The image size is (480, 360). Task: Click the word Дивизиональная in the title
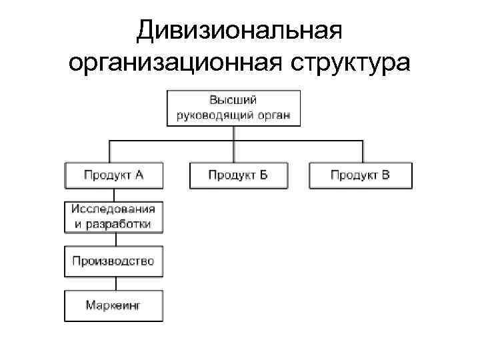coord(239,31)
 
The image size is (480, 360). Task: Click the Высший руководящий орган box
coord(233,108)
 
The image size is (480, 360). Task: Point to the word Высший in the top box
coord(233,101)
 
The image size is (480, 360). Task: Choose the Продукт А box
coord(114,175)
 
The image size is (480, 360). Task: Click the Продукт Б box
coord(238,175)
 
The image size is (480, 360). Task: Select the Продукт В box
coord(360,175)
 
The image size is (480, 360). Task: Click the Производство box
coord(114,261)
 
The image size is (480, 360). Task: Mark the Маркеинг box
coord(114,306)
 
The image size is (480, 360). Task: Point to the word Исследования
coord(114,209)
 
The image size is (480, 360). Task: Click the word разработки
coord(122,224)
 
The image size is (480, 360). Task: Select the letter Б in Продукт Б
coord(263,175)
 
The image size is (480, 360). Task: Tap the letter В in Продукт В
coord(385,175)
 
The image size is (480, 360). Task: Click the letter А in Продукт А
coord(139,175)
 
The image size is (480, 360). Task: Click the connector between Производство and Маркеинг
coord(114,283)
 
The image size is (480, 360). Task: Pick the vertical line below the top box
coord(233,133)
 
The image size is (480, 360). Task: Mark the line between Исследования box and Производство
coord(114,239)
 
